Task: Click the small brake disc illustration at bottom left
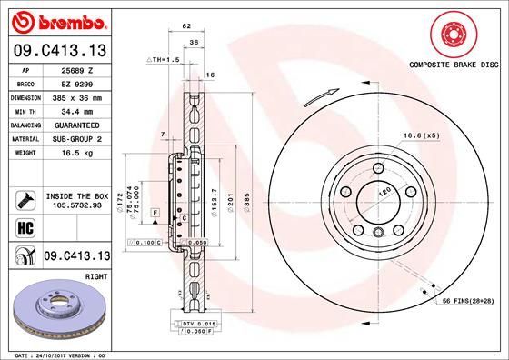click(59, 309)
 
